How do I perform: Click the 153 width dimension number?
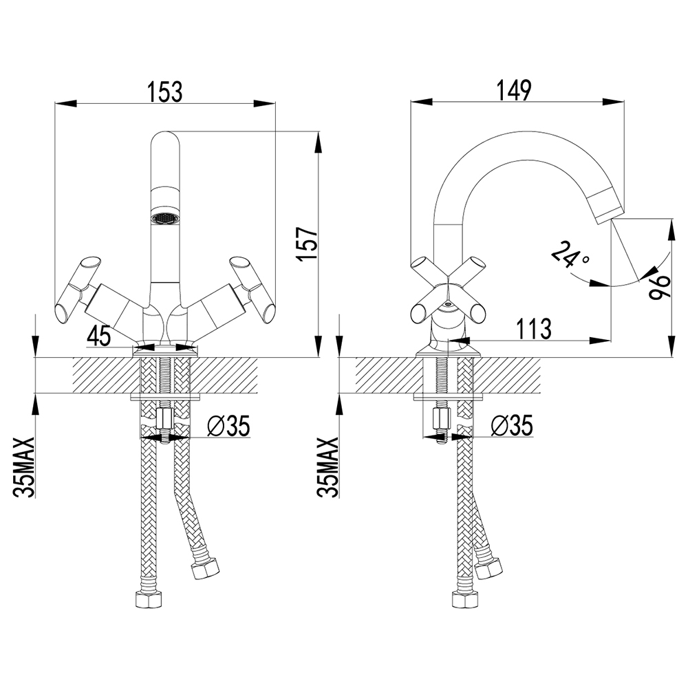click(x=165, y=92)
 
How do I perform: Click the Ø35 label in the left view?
click(x=228, y=427)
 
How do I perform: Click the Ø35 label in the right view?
click(x=512, y=427)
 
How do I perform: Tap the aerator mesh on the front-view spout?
click(x=164, y=218)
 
